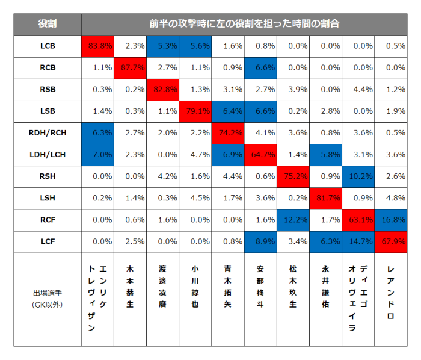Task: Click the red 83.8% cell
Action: pyautogui.click(x=97, y=46)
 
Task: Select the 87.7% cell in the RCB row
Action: pyautogui.click(x=130, y=68)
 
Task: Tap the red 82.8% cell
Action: pyautogui.click(x=162, y=90)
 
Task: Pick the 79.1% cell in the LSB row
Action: pyautogui.click(x=195, y=111)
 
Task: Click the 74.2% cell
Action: pyautogui.click(x=228, y=133)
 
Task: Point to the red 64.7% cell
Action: pyautogui.click(x=260, y=155)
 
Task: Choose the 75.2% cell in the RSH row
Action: pyautogui.click(x=293, y=176)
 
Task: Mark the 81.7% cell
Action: pyautogui.click(x=325, y=198)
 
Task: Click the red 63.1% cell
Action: pyautogui.click(x=358, y=220)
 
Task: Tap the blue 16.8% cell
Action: pyautogui.click(x=390, y=220)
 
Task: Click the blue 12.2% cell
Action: pyautogui.click(x=293, y=220)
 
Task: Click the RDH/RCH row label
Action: pyautogui.click(x=48, y=133)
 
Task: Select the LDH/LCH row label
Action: pyautogui.click(x=48, y=155)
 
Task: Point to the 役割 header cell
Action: pyautogui.click(x=48, y=24)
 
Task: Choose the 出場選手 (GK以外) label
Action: pyautogui.click(x=48, y=299)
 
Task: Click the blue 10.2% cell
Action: pyautogui.click(x=358, y=176)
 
